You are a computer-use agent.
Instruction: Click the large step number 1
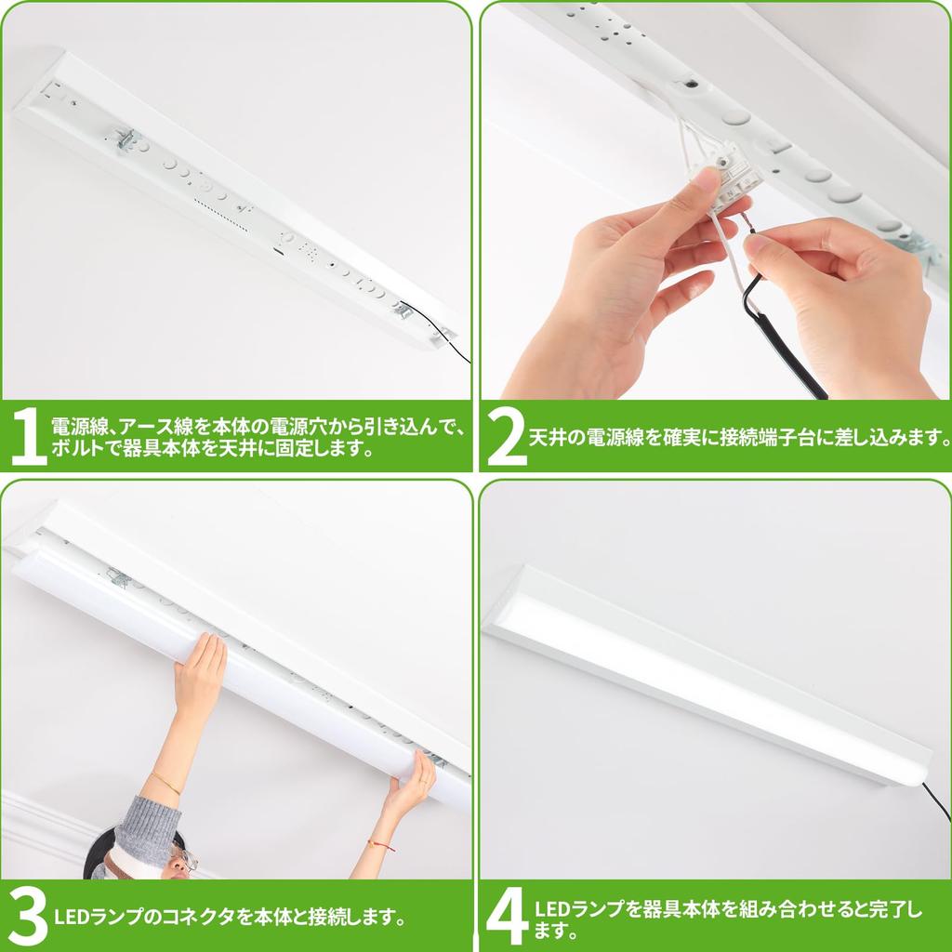tap(28, 436)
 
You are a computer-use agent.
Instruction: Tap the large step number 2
tap(506, 436)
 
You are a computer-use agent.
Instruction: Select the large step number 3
tap(28, 916)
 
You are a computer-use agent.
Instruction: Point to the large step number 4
tap(508, 916)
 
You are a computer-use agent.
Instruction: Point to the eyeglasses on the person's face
tap(183, 858)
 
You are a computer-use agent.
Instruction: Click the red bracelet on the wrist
tap(380, 844)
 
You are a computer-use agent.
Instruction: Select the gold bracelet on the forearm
tap(166, 782)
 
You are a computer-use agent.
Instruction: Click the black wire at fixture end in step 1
tap(456, 348)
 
